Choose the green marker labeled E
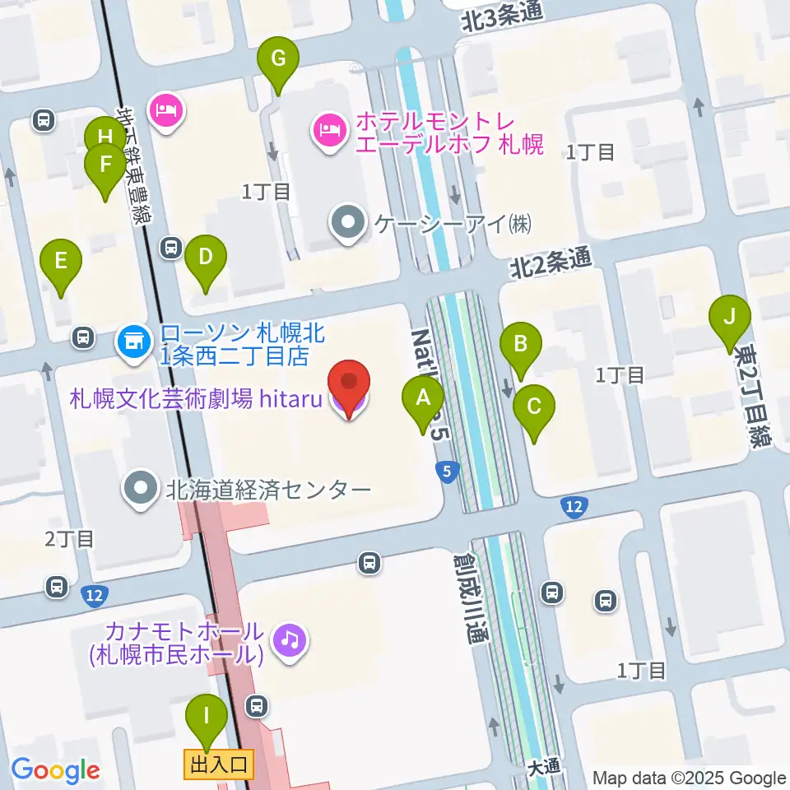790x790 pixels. click(61, 263)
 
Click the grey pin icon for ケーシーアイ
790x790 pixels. click(349, 221)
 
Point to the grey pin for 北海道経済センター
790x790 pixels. click(141, 489)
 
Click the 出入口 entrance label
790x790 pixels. click(218, 764)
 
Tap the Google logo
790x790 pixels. click(55, 771)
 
